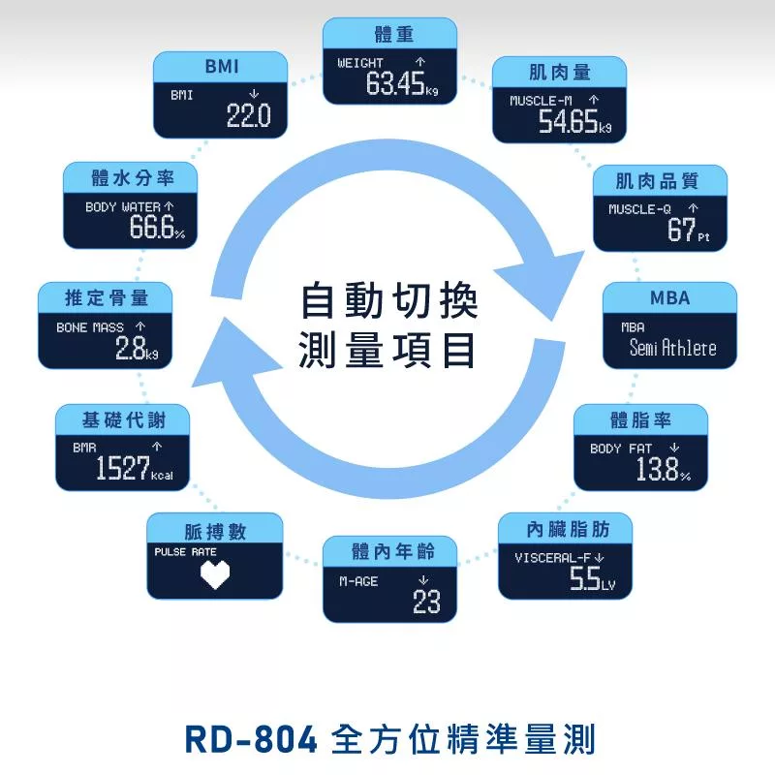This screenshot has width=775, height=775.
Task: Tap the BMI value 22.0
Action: (x=248, y=117)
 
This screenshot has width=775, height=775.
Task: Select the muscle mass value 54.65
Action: (x=567, y=122)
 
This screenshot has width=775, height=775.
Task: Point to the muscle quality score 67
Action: (x=681, y=230)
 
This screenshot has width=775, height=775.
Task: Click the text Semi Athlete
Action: (x=672, y=348)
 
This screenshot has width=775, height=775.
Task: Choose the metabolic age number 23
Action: (x=426, y=603)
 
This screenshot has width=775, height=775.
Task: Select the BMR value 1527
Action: (x=122, y=470)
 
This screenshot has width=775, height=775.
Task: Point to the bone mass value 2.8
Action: (x=129, y=350)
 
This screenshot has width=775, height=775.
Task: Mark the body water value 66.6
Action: (x=150, y=229)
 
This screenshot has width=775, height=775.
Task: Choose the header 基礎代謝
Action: (x=123, y=420)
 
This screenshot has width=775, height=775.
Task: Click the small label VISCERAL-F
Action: (x=552, y=558)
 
